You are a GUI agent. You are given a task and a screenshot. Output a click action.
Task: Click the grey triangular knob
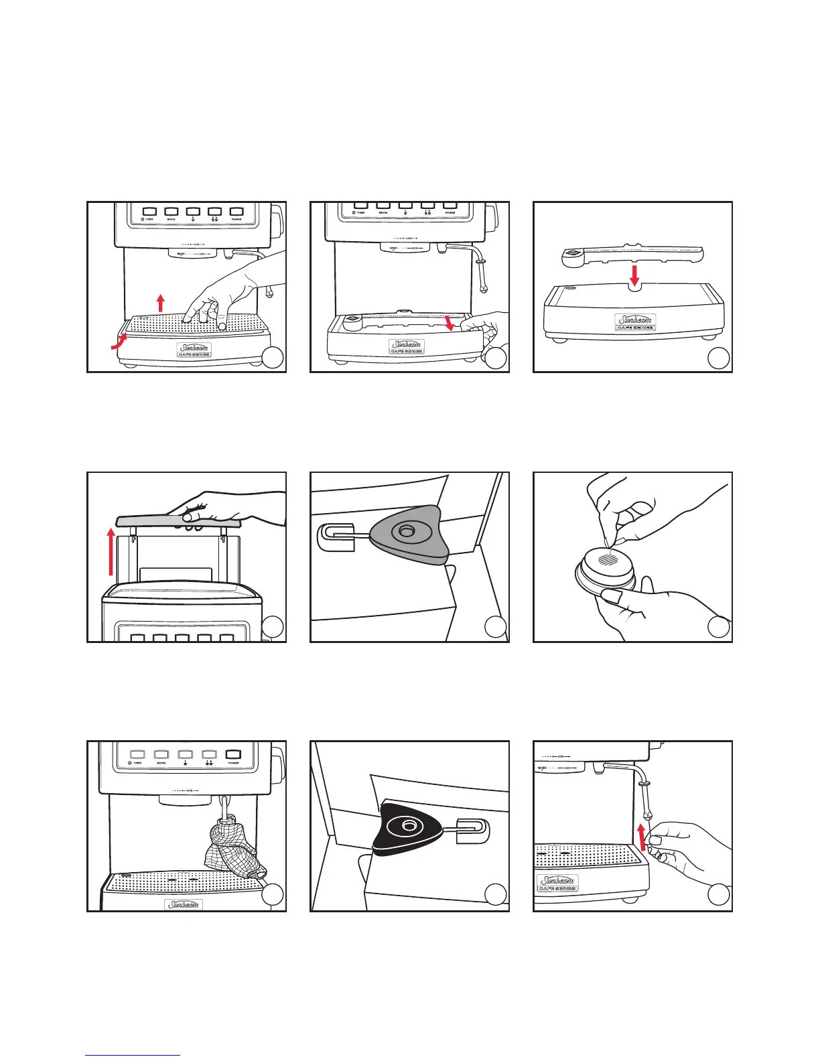click(x=405, y=534)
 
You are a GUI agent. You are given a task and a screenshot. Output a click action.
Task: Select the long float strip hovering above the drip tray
click(x=630, y=253)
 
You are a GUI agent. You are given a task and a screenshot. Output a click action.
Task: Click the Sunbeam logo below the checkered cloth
click(x=184, y=905)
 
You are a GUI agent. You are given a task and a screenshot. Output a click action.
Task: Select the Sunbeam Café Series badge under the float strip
click(x=634, y=324)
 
